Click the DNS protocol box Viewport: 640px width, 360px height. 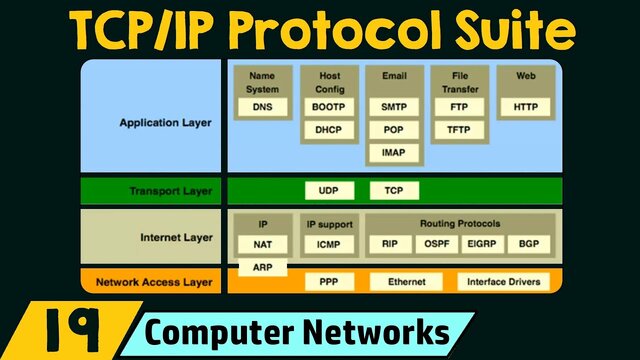[262, 106]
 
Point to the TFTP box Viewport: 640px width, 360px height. [459, 130]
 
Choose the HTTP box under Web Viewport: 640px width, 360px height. [525, 106]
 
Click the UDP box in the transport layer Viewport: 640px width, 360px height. [328, 190]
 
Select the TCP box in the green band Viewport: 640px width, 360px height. [393, 190]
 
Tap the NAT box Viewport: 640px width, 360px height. [262, 243]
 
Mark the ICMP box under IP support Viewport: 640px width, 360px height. [328, 243]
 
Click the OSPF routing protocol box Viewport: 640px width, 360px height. [437, 243]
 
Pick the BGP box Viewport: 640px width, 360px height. [527, 243]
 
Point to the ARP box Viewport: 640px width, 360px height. [262, 267]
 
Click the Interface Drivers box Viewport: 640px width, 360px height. [503, 282]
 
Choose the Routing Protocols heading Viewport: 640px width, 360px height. [461, 224]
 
